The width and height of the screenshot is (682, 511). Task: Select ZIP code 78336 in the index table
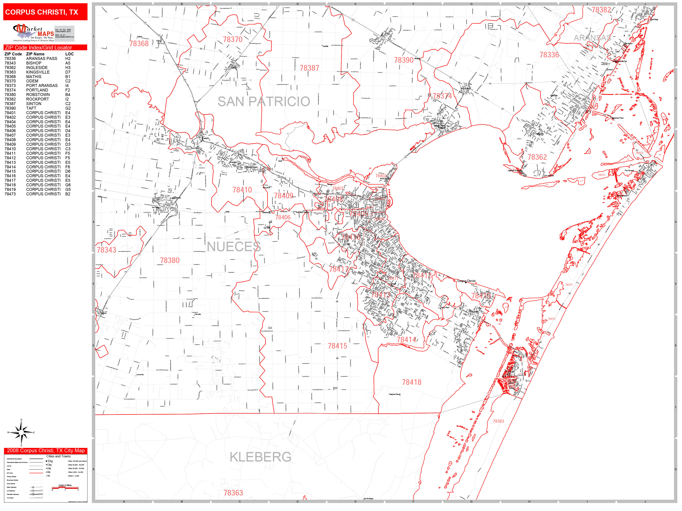(10, 59)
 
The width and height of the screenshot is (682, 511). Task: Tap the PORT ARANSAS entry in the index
(42, 86)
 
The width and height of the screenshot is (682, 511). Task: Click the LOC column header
(69, 54)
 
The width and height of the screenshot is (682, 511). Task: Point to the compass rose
(21, 433)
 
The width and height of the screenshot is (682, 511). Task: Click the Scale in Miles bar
(65, 488)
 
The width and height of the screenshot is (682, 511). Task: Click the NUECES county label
(234, 247)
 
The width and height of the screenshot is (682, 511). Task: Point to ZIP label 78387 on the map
(309, 68)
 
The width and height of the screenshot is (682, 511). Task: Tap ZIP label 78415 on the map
(337, 346)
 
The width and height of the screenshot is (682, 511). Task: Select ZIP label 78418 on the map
(411, 382)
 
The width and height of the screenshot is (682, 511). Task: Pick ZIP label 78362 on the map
(537, 157)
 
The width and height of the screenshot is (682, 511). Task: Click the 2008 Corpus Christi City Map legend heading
(46, 451)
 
